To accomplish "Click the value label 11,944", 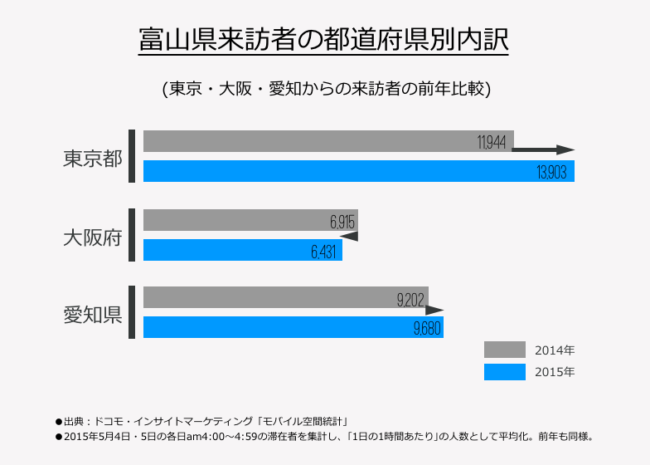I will coord(492,142).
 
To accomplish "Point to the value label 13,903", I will coord(552,172).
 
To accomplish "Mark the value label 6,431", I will coord(324,252).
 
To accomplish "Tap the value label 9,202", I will coord(411,299).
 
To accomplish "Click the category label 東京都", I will coord(92,158).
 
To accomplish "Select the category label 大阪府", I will coord(92,237).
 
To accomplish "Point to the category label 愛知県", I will coord(92,315).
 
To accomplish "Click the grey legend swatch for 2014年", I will coord(505,350).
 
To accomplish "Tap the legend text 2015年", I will coord(555,372).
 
